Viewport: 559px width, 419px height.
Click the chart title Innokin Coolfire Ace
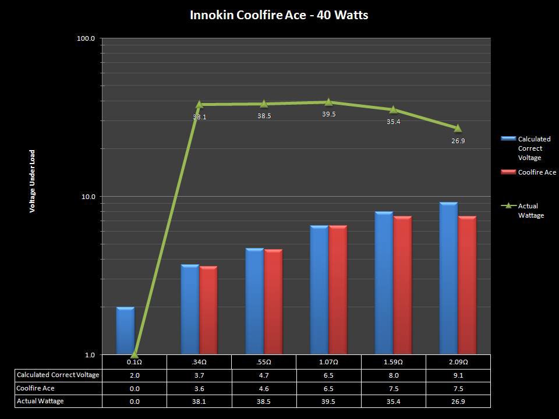pos(279,15)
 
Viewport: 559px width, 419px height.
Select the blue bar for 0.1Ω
pos(125,331)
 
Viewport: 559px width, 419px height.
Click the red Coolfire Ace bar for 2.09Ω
pos(467,285)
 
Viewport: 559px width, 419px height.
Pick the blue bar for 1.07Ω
pos(319,290)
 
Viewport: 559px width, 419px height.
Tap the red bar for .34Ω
pos(208,310)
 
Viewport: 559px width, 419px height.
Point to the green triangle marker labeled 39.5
pos(328,102)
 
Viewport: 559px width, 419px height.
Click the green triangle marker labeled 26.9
pos(458,128)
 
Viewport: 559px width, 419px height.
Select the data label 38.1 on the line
pos(200,117)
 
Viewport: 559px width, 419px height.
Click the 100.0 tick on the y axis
pos(86,38)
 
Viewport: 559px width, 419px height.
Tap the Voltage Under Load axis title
pos(33,181)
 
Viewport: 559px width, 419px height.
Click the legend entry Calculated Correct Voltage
pos(533,148)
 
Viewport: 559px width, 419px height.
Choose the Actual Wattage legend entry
pos(530,211)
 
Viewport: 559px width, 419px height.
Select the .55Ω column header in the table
pos(264,362)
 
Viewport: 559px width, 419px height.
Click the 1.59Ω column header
pos(393,362)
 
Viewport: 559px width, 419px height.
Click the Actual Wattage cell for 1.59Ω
pos(393,401)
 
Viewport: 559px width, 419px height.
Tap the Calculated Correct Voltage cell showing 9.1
pos(458,375)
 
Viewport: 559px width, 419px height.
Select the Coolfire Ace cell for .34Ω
pos(199,388)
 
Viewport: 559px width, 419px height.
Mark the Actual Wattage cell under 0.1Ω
pos(135,401)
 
